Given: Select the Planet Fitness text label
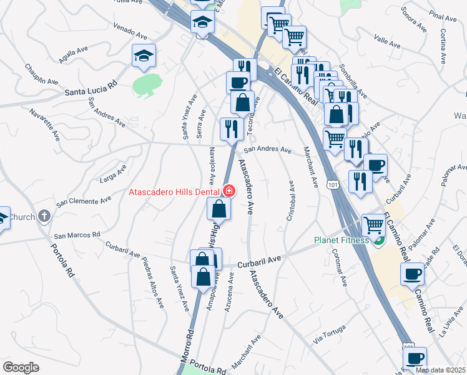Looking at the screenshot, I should (x=341, y=239).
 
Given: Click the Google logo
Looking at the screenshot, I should (x=21, y=367).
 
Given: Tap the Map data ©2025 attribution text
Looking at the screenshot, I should (x=440, y=370).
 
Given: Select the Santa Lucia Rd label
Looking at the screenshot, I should (x=91, y=91).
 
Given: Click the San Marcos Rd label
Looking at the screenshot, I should (x=77, y=236).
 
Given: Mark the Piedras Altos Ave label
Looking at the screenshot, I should (x=152, y=282).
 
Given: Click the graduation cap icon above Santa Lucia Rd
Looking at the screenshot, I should (x=144, y=56).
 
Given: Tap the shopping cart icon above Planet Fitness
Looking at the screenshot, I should (x=373, y=224).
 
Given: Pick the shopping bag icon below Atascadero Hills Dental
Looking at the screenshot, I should (x=219, y=209).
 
